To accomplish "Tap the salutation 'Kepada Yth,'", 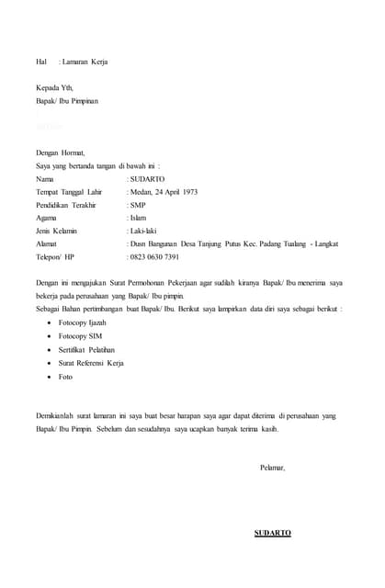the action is pyautogui.click(x=54, y=87).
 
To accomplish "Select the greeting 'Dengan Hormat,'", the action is pyautogui.click(x=61, y=153).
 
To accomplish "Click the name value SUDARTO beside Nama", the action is pyautogui.click(x=148, y=178).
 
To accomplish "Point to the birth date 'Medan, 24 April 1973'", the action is pyautogui.click(x=164, y=192).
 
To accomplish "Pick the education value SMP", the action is pyautogui.click(x=139, y=205).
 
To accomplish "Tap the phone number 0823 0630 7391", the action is pyautogui.click(x=155, y=257).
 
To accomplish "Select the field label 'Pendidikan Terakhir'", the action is pyautogui.click(x=66, y=205).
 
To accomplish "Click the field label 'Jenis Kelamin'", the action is pyautogui.click(x=56, y=232).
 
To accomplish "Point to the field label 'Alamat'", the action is pyautogui.click(x=46, y=244).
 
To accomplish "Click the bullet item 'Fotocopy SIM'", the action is pyautogui.click(x=81, y=337).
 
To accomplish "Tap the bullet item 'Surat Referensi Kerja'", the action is pyautogui.click(x=91, y=364).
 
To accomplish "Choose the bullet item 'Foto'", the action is pyautogui.click(x=65, y=377).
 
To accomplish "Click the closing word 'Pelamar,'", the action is pyautogui.click(x=273, y=468).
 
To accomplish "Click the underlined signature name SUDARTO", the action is pyautogui.click(x=273, y=533).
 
